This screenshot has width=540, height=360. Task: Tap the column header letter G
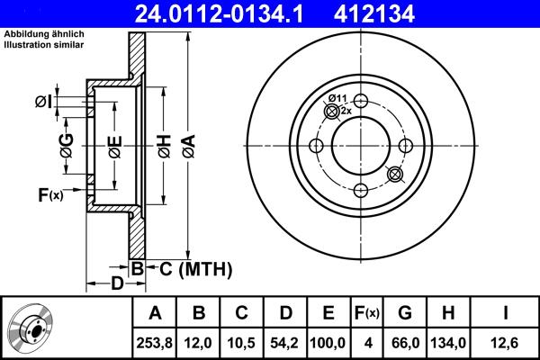[x=404, y=313]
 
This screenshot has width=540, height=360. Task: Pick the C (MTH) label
[x=191, y=268]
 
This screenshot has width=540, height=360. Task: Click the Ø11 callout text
[x=337, y=97]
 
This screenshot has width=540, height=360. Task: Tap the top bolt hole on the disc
[x=359, y=102]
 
